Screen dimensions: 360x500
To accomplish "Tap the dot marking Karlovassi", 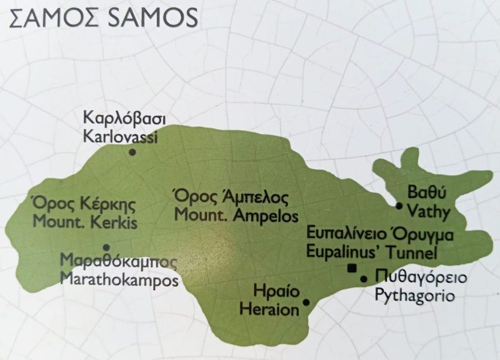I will pyautogui.click(x=132, y=153).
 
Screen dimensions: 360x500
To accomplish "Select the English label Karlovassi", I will pyautogui.click(x=120, y=136).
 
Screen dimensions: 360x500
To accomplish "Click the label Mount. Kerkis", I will pyautogui.click(x=85, y=222).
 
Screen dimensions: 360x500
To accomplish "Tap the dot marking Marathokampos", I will pyautogui.click(x=106, y=248).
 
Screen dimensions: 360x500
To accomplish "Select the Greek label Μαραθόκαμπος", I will pyautogui.click(x=119, y=263).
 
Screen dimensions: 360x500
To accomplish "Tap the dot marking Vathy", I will pyautogui.click(x=399, y=206).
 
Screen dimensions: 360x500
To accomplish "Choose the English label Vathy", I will pyautogui.click(x=428, y=211).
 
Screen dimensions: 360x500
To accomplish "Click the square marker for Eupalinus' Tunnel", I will pyautogui.click(x=352, y=269).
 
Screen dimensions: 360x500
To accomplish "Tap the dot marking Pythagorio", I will pyautogui.click(x=363, y=279).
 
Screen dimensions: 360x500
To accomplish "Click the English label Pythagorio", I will pyautogui.click(x=415, y=295).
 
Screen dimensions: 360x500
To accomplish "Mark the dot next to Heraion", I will pyautogui.click(x=306, y=303).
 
